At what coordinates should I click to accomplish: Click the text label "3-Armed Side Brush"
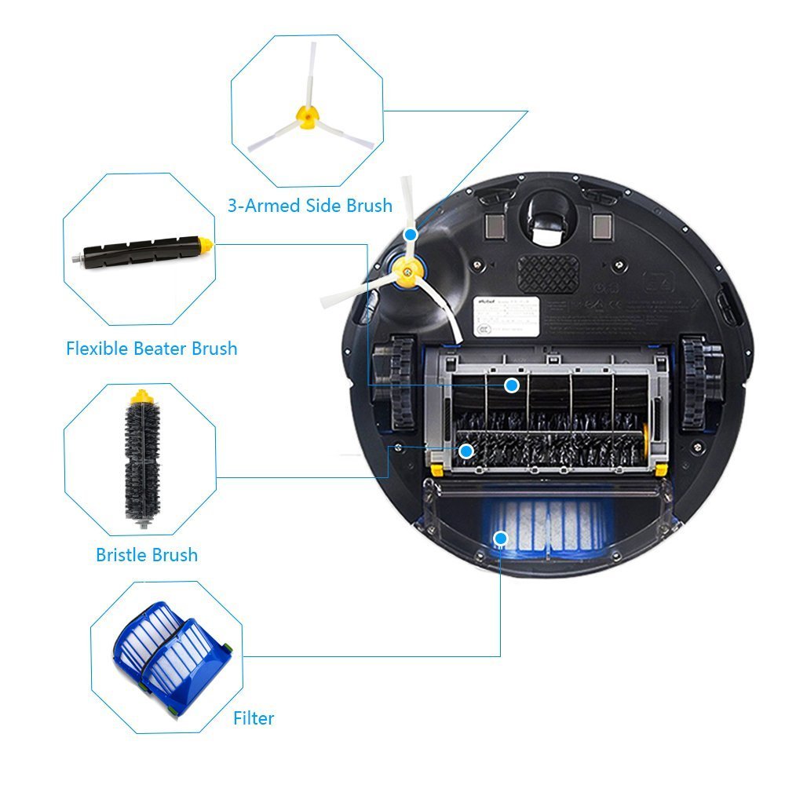click(309, 206)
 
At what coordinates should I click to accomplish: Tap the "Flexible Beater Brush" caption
click(152, 348)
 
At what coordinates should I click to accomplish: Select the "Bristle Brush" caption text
click(147, 555)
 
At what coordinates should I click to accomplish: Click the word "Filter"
click(254, 717)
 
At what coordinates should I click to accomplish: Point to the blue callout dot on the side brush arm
click(411, 235)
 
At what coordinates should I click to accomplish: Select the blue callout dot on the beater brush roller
click(512, 385)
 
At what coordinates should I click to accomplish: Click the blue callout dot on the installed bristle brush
click(466, 451)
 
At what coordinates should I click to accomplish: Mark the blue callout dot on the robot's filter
click(500, 538)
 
